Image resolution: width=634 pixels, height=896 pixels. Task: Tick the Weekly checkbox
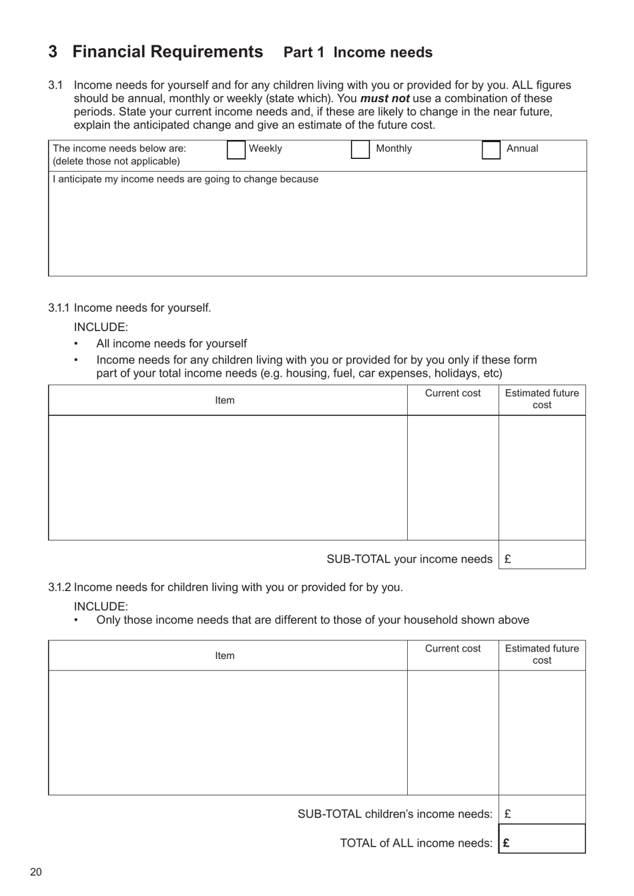pos(236,150)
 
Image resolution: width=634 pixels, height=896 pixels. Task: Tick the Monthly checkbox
pos(360,150)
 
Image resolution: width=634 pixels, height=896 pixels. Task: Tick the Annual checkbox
pos(491,150)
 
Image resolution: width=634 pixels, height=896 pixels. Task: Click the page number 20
pos(35,872)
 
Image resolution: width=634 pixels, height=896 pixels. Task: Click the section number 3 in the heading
pos(53,52)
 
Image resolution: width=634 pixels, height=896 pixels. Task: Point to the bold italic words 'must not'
pos(384,99)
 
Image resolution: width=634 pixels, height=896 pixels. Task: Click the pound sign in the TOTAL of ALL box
pos(507,843)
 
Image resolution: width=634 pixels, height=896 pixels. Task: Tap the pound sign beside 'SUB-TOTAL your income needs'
pos(508,559)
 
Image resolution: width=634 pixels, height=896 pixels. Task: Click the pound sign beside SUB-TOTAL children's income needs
pos(508,814)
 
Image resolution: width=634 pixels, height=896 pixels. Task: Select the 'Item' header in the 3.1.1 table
pos(225,401)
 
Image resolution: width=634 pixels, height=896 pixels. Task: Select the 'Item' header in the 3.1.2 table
pos(225,656)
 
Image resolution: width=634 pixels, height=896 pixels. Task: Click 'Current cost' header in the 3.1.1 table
pos(452,393)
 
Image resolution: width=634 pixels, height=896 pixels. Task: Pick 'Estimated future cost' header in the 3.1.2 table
pos(542,654)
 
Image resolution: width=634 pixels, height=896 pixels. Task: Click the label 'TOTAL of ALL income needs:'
pos(416,843)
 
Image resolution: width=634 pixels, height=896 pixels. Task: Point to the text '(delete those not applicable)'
pos(116,162)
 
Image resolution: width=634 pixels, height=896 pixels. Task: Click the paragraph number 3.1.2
pos(59,588)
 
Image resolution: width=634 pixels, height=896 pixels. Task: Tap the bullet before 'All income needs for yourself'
pos(75,345)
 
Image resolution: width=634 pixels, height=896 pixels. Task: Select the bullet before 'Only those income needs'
pos(75,621)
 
